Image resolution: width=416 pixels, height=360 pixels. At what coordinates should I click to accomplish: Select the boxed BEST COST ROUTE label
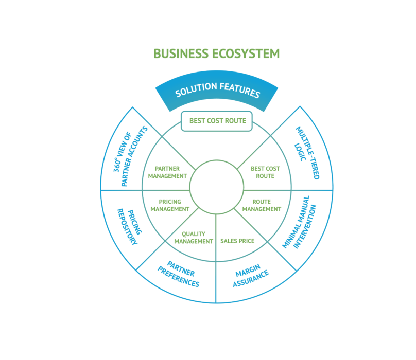[217, 121]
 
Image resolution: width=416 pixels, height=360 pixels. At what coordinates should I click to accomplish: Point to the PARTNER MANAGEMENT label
[167, 172]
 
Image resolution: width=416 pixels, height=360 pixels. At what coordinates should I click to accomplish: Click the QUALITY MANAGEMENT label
[193, 237]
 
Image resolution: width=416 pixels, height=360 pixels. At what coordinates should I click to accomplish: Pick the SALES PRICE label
[237, 240]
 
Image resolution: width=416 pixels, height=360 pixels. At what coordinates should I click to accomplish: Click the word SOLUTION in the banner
[195, 90]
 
